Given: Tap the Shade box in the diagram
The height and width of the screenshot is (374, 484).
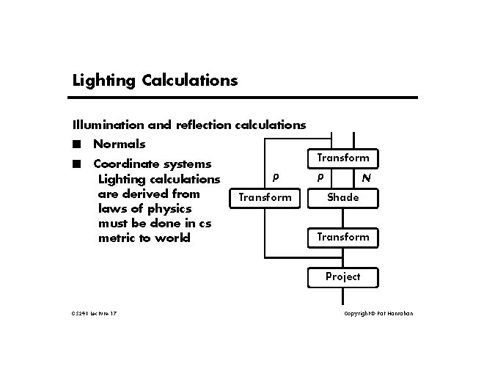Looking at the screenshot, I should click(x=342, y=197).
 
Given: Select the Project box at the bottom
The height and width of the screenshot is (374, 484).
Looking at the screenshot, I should click(x=342, y=276).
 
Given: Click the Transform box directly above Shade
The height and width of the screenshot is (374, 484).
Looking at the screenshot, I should click(x=342, y=158).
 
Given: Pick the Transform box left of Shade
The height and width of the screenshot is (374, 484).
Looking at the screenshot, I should click(x=264, y=197).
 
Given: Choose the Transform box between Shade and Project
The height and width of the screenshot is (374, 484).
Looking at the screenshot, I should click(x=342, y=237).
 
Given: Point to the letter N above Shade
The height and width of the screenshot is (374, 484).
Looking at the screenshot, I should click(x=366, y=178).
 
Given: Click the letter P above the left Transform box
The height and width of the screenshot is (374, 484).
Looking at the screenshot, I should click(x=275, y=177).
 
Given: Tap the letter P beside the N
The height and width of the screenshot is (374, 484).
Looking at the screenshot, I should click(x=320, y=177).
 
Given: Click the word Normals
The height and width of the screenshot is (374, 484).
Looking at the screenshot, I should click(x=119, y=144).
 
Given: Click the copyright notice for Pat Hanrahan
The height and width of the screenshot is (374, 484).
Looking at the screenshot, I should click(x=378, y=314).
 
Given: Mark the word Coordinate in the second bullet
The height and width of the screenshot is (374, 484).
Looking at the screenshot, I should click(x=127, y=164).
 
